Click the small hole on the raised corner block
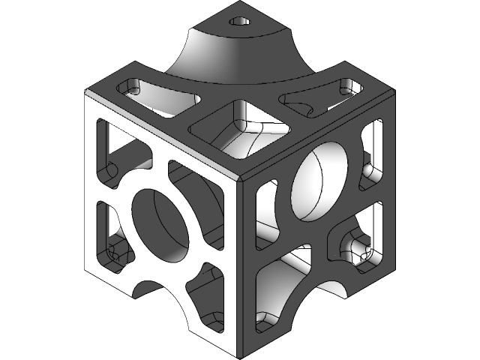click(241, 22)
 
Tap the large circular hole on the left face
click(160, 223)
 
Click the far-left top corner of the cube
click(86, 91)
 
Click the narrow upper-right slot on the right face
click(376, 154)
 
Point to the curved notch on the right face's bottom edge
click(330, 289)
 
